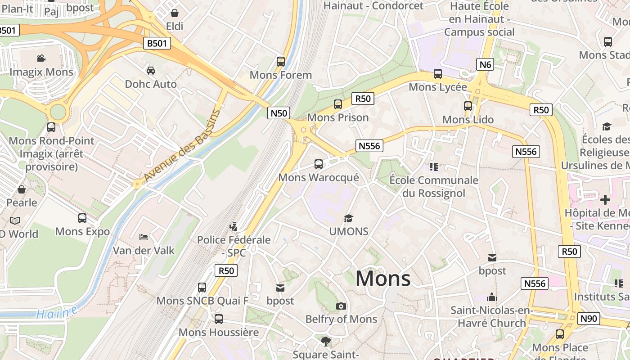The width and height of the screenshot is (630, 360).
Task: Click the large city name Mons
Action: [x=383, y=279]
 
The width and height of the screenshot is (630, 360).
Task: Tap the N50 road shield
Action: [x=279, y=113]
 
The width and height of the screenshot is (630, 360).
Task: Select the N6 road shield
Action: [x=485, y=65]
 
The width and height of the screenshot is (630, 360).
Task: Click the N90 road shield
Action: [x=588, y=319]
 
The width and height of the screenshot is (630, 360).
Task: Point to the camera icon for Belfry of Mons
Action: [x=341, y=306]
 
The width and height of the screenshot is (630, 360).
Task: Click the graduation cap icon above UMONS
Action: [x=348, y=219]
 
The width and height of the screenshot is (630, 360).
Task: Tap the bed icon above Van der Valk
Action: [x=144, y=237]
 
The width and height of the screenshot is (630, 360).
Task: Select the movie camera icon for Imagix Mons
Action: [x=41, y=58]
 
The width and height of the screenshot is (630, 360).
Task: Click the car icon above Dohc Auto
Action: [x=151, y=71]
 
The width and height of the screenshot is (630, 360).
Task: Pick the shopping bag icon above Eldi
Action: [x=174, y=13]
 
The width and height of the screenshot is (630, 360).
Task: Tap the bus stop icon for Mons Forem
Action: [x=281, y=62]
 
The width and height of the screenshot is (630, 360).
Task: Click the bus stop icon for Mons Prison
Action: [x=337, y=104]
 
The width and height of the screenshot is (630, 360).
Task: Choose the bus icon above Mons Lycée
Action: [x=437, y=74]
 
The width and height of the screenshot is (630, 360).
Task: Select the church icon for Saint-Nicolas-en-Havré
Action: [x=492, y=297]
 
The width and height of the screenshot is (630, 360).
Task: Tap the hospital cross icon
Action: [x=605, y=199]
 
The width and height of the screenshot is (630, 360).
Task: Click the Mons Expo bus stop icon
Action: [x=82, y=218]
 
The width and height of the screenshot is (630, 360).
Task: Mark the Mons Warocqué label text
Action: [x=319, y=177]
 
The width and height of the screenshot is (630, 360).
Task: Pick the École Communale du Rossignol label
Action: [x=433, y=187]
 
